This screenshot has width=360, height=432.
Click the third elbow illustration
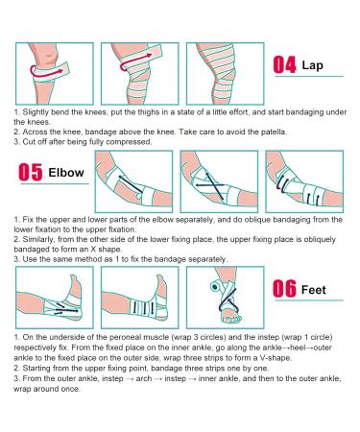[301, 180]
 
